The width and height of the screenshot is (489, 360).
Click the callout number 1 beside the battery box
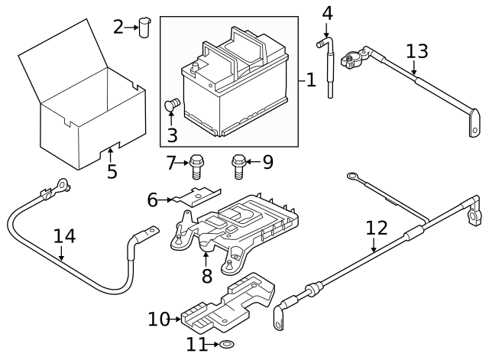(x=310, y=79)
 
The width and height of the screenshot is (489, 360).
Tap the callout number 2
(x=118, y=28)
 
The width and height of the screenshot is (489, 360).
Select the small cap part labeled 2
(x=145, y=27)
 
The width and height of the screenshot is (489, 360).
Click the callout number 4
(x=327, y=13)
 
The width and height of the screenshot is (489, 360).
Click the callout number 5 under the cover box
(x=112, y=171)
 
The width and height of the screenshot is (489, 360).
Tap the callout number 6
(x=152, y=199)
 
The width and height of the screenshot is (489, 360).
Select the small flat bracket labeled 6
(x=195, y=196)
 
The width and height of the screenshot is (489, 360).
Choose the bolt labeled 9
(x=238, y=164)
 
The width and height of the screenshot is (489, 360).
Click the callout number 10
(x=158, y=319)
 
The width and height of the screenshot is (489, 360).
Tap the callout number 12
(x=376, y=228)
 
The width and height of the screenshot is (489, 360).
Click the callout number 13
(x=417, y=52)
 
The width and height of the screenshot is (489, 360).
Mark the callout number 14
(x=65, y=236)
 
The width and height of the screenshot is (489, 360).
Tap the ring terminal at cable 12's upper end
(x=354, y=177)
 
